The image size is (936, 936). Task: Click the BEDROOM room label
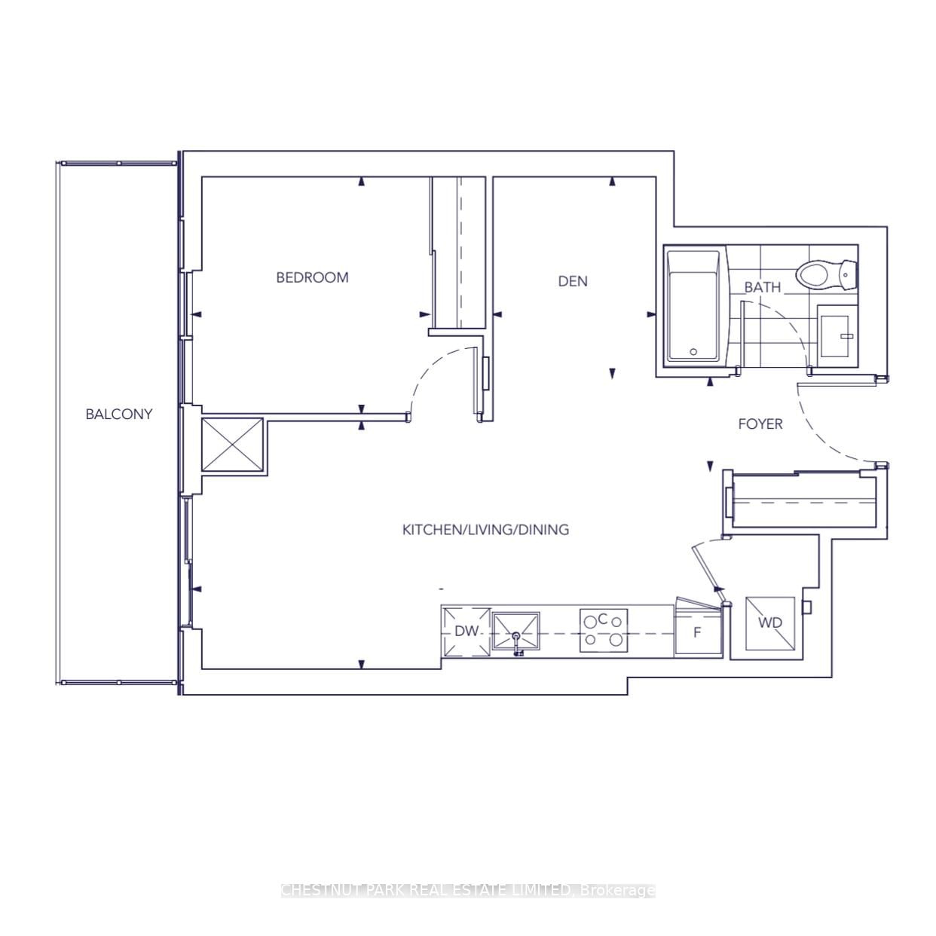(312, 277)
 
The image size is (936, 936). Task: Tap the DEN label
(573, 281)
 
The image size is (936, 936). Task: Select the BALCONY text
(118, 414)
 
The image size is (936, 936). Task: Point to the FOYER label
(760, 424)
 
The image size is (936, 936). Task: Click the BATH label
(762, 287)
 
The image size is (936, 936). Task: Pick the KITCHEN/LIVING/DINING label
(485, 530)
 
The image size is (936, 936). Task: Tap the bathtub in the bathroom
(693, 307)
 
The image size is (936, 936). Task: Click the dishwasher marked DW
(466, 632)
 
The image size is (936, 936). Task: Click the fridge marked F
(698, 632)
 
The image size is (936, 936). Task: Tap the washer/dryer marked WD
(769, 622)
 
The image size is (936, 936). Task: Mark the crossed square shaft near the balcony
(232, 446)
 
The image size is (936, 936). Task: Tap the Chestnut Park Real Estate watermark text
(467, 890)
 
